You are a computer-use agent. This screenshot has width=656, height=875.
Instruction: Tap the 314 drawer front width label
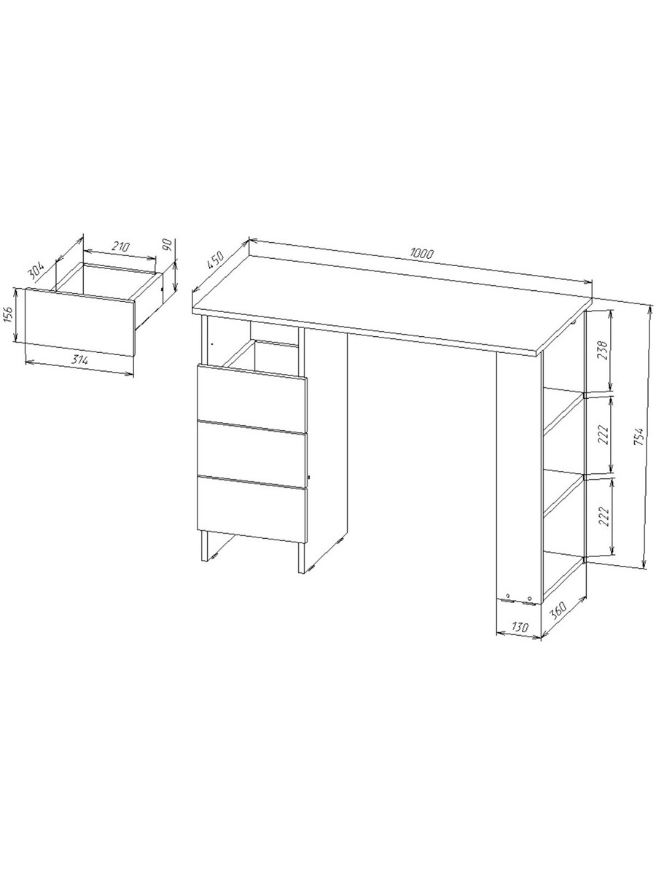(x=79, y=359)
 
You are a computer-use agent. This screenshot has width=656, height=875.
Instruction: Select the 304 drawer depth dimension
(x=37, y=269)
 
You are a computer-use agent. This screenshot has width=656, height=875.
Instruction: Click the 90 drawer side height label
(x=167, y=245)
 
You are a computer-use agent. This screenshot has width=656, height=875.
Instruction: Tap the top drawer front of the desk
(x=253, y=399)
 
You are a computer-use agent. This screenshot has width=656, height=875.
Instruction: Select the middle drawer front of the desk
(x=253, y=454)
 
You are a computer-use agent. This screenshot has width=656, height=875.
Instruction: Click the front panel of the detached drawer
(x=79, y=322)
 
